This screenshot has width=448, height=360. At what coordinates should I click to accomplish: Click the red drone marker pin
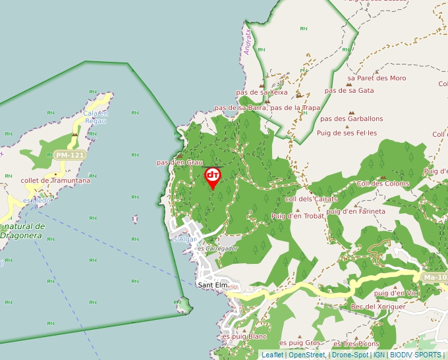pyautogui.click(x=213, y=176)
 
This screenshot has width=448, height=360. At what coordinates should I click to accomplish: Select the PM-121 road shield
pyautogui.click(x=70, y=155)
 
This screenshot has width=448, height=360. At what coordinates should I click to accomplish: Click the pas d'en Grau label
pyautogui.click(x=179, y=162)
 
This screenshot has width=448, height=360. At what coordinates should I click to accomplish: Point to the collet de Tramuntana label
pyautogui.click(x=55, y=180)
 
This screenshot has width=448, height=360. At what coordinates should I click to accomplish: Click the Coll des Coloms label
pyautogui.click(x=383, y=184)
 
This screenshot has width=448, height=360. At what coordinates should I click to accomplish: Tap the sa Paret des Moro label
pyautogui.click(x=377, y=78)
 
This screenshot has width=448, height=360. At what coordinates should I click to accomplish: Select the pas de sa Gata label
pyautogui.click(x=350, y=90)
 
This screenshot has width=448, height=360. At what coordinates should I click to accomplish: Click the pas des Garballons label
pyautogui.click(x=352, y=118)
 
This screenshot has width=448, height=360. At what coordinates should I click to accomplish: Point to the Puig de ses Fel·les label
pyautogui.click(x=347, y=132)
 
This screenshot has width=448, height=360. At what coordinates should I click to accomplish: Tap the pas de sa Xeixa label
pyautogui.click(x=262, y=93)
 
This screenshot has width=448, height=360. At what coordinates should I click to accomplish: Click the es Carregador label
pyautogui.click(x=217, y=249)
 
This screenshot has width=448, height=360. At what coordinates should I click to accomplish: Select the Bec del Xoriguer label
pyautogui.click(x=379, y=307)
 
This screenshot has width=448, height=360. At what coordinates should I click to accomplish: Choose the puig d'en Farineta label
pyautogui.click(x=355, y=211)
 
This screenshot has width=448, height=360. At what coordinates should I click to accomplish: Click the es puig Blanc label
pyautogui.click(x=244, y=336)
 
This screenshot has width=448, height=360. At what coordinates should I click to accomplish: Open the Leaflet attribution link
pyautogui.click(x=272, y=355)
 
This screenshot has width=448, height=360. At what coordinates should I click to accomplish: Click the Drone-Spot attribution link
pyautogui.click(x=350, y=355)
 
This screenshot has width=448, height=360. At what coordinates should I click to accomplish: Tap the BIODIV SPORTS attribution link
pyautogui.click(x=415, y=355)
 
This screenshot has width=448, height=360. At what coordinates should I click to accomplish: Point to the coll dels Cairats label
pyautogui.click(x=311, y=199)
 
